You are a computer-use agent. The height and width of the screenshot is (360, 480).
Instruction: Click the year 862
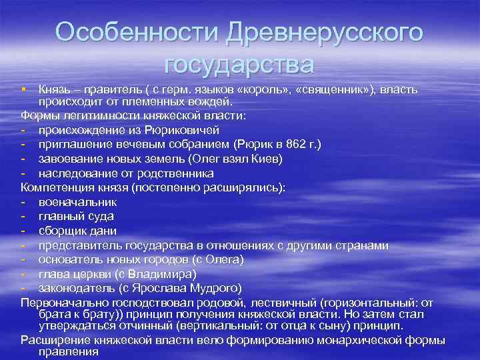tap(292, 144)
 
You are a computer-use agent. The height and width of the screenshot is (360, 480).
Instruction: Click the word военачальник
tap(77, 202)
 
